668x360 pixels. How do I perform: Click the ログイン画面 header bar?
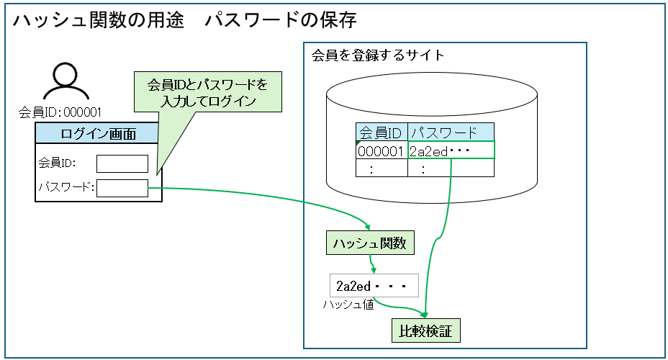(x=98, y=133)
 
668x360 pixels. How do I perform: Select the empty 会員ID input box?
(x=122, y=163)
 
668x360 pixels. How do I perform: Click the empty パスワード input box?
(x=122, y=189)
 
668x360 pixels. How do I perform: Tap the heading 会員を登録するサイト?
(x=378, y=55)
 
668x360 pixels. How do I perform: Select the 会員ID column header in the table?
(x=381, y=132)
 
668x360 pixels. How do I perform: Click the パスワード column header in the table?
(x=450, y=132)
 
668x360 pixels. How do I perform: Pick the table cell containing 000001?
(x=381, y=150)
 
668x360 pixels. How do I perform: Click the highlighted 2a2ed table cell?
(x=451, y=150)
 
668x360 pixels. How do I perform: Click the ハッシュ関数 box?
(x=369, y=243)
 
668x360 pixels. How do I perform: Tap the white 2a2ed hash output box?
(x=373, y=286)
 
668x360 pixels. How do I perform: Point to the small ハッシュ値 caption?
(x=348, y=305)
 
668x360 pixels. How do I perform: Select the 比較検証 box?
(x=425, y=331)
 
